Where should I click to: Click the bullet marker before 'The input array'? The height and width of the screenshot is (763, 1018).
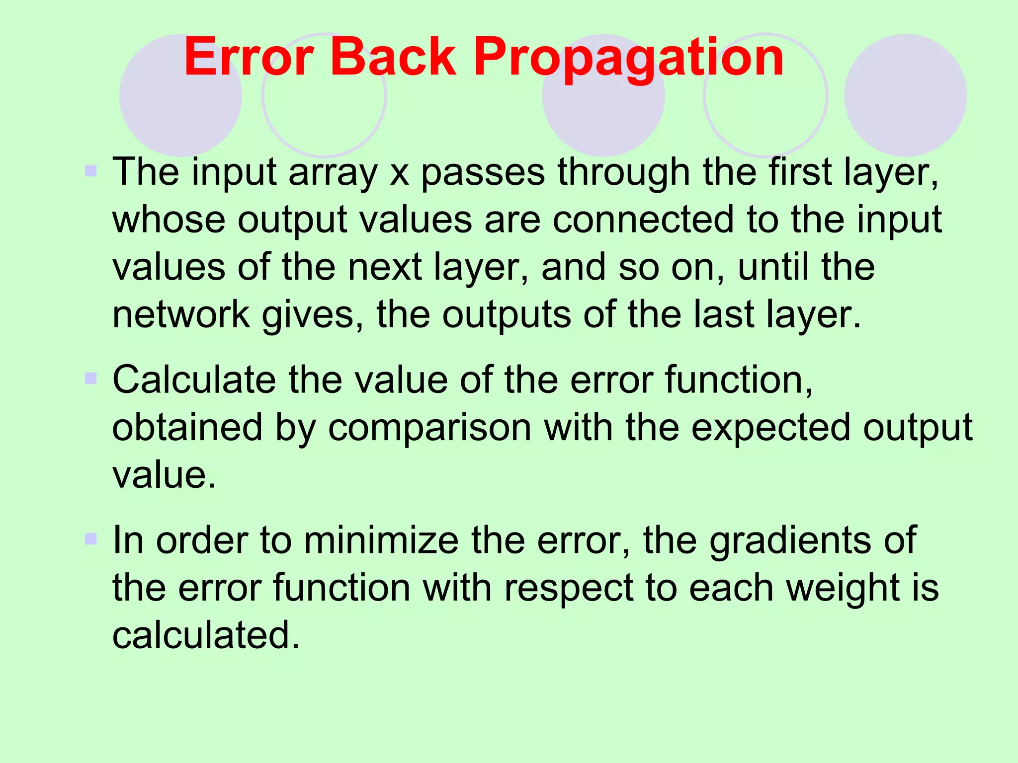90,172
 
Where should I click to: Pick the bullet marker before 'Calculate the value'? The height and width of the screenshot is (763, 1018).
90,380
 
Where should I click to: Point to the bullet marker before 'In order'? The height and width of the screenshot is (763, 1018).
90,539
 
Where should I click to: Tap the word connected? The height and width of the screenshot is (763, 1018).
643,220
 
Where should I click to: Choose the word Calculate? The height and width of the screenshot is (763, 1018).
194,381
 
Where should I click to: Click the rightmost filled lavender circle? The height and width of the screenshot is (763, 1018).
905,95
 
